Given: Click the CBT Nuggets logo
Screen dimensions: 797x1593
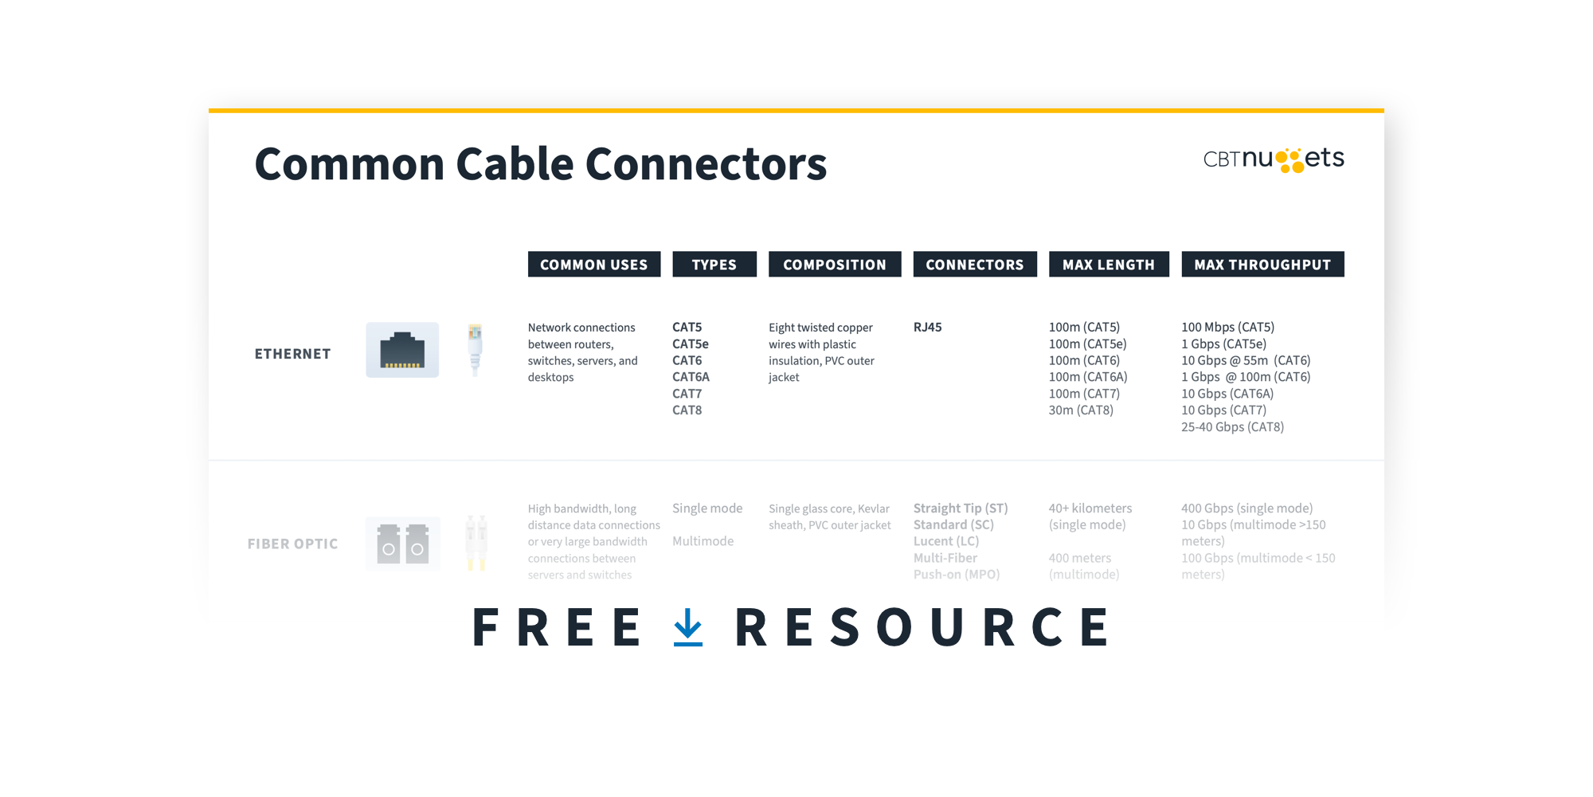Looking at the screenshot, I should [x=1273, y=159].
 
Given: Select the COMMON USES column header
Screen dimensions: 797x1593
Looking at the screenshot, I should [x=594, y=265].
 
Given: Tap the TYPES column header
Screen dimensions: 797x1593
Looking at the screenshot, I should [x=714, y=265].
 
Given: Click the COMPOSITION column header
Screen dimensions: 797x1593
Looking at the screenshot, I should [x=835, y=265].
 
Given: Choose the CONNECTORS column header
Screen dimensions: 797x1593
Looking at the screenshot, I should [x=975, y=265].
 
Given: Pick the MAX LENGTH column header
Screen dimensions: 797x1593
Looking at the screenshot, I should [x=1109, y=265].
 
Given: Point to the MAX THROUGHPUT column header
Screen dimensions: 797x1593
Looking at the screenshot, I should [x=1262, y=265].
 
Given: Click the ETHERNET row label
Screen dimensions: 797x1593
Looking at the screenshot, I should [x=292, y=354].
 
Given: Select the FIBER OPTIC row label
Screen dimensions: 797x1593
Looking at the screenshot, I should [x=292, y=544].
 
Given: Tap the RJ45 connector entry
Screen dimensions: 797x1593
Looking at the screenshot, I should [x=928, y=328].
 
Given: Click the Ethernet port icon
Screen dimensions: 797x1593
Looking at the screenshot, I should [x=402, y=351].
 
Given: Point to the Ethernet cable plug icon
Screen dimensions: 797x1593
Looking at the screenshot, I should [x=476, y=348].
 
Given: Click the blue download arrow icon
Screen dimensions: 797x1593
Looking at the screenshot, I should [x=688, y=627].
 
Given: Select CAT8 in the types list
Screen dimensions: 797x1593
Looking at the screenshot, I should [x=687, y=410].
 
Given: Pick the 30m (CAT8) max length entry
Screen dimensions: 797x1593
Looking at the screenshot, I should [x=1081, y=410].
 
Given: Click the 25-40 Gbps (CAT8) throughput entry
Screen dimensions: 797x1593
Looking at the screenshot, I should [x=1232, y=427].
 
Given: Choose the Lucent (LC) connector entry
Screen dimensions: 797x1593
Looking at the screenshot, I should [x=946, y=541].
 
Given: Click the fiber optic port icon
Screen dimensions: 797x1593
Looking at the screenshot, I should [x=402, y=544].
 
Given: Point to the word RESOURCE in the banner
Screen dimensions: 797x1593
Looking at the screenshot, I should [x=922, y=627].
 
